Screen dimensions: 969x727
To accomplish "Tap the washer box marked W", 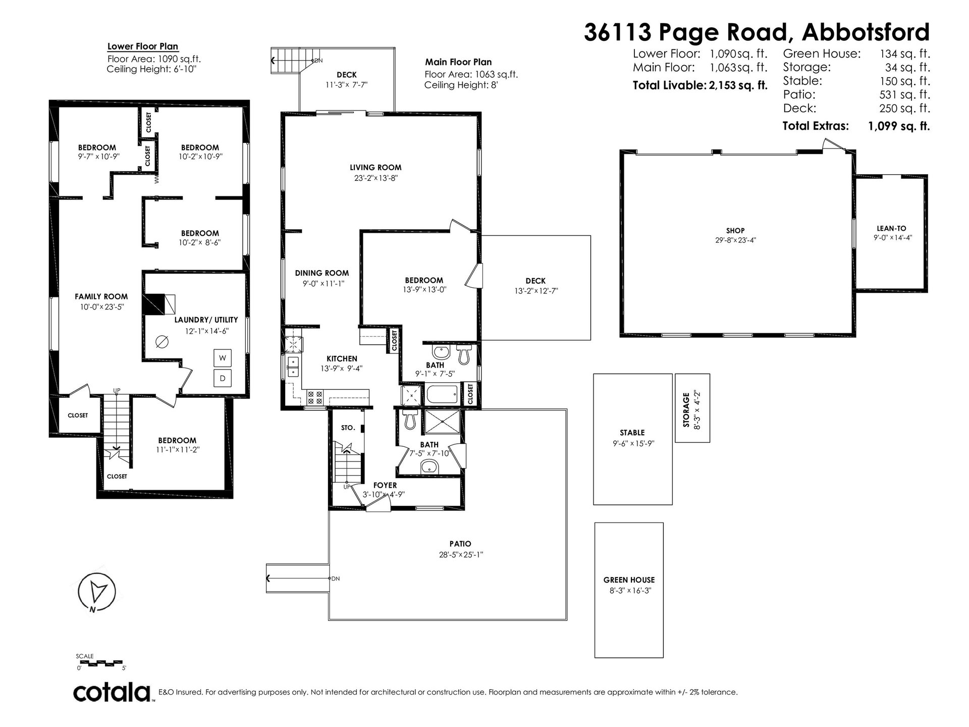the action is (x=223, y=358).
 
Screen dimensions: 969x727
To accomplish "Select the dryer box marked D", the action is (x=223, y=379).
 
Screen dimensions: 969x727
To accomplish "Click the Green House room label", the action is (x=629, y=580).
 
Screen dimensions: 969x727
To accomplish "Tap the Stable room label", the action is (x=632, y=433).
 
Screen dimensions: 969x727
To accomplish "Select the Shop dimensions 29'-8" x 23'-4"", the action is (x=736, y=241).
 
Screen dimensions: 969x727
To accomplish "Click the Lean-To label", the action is (x=892, y=229).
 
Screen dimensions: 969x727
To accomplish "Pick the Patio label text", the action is (x=460, y=544).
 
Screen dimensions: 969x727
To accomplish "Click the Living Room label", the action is (x=376, y=168).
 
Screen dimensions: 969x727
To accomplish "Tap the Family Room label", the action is (x=101, y=297).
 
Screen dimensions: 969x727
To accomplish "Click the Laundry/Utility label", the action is (x=206, y=320).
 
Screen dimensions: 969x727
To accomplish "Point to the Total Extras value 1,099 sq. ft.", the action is (x=899, y=126).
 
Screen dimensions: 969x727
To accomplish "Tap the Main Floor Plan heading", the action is (x=458, y=63).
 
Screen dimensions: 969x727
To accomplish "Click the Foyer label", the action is (x=385, y=486).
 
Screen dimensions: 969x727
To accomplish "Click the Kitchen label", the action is (x=342, y=359).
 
